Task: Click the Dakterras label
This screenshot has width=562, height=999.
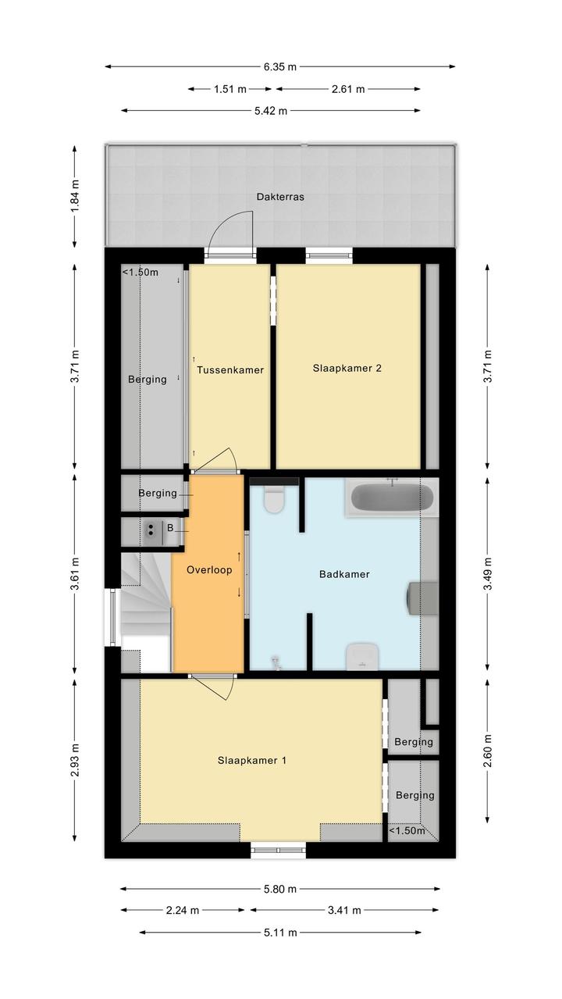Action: coord(280,197)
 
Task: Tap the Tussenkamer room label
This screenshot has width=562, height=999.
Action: coord(230,369)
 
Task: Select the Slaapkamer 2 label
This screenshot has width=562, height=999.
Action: coord(347,368)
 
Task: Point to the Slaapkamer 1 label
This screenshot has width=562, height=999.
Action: coord(252,761)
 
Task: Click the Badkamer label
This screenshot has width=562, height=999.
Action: coord(344,574)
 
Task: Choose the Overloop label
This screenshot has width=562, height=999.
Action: coord(209,569)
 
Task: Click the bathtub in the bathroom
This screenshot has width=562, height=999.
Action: coord(392,498)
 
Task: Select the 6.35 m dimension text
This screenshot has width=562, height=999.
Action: coord(280,67)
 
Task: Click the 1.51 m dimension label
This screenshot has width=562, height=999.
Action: coord(230,89)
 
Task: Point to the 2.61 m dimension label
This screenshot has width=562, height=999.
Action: coord(348,89)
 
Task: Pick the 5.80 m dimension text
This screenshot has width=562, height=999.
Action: coord(280,897)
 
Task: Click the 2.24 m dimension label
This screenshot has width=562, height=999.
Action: coord(183,919)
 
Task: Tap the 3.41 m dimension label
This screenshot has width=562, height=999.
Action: coord(344,919)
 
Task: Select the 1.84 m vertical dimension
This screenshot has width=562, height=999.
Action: coord(75,196)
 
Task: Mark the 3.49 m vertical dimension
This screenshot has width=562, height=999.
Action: coord(488,573)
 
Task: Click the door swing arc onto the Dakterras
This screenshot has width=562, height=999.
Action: coord(222,222)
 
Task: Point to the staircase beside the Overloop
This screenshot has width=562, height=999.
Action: coord(146,612)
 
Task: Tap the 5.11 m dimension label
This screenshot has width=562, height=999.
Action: coord(280,941)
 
